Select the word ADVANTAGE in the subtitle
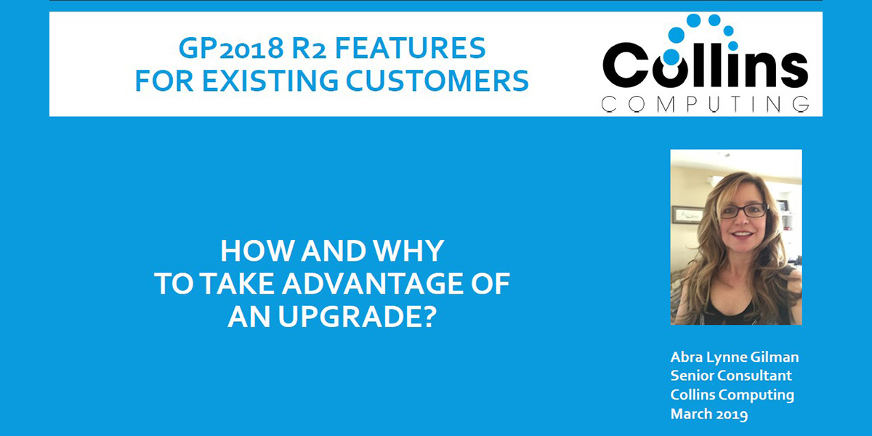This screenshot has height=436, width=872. pos(368,285)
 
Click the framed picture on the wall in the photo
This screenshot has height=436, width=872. pos(687,215)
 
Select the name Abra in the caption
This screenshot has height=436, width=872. pos(687,358)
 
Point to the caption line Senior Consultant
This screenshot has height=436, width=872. pos(731,376)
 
